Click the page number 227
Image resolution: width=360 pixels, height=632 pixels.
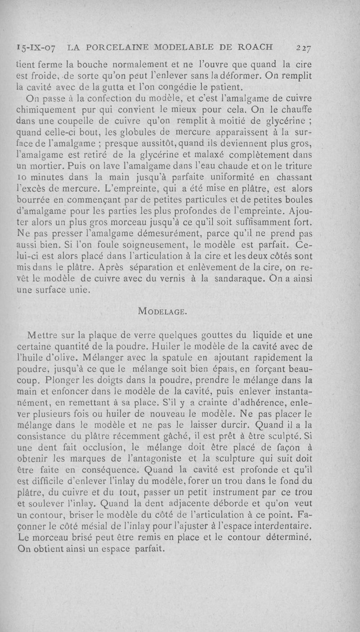(305, 47)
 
